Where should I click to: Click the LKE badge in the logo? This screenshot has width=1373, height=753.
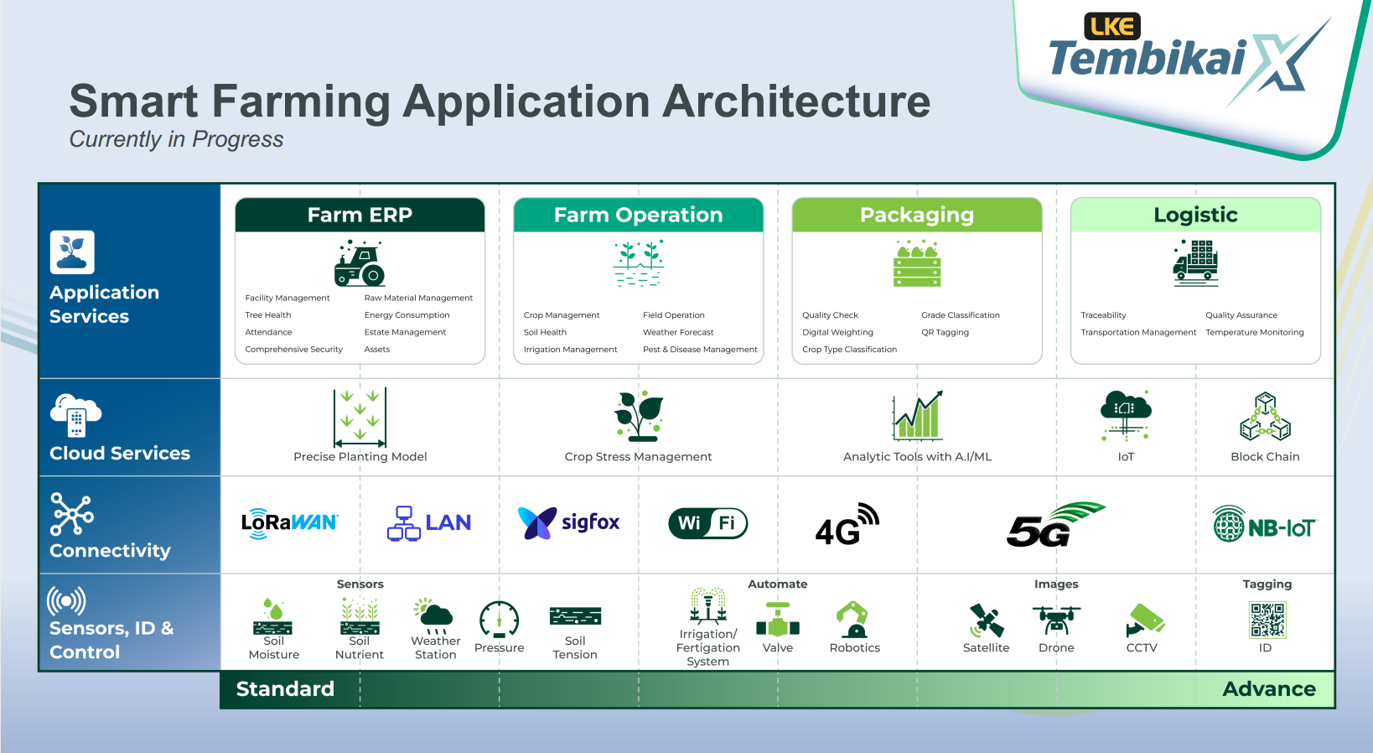click(1112, 27)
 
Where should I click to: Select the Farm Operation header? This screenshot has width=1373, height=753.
click(638, 216)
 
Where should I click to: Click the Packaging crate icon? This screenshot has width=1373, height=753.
click(917, 264)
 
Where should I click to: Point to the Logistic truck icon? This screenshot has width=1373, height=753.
click(1195, 263)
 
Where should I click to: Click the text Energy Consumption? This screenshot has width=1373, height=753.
click(407, 315)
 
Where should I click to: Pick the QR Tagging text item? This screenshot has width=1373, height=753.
click(945, 333)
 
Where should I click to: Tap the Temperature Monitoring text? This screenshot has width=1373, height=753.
click(1254, 333)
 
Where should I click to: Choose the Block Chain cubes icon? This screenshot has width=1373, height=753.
click(1265, 417)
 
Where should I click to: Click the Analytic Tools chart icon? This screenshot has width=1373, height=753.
click(918, 416)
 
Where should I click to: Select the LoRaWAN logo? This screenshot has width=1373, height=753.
click(289, 523)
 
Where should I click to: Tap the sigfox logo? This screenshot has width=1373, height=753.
click(569, 522)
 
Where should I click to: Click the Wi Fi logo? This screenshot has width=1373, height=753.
click(707, 523)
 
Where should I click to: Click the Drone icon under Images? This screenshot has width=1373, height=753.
click(1056, 621)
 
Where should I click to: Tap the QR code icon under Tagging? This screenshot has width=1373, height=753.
click(1267, 621)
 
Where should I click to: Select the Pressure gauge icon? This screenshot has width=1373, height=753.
click(499, 621)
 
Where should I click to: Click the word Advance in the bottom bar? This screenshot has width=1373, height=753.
click(1269, 689)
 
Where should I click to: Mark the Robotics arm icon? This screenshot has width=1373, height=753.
click(853, 620)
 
